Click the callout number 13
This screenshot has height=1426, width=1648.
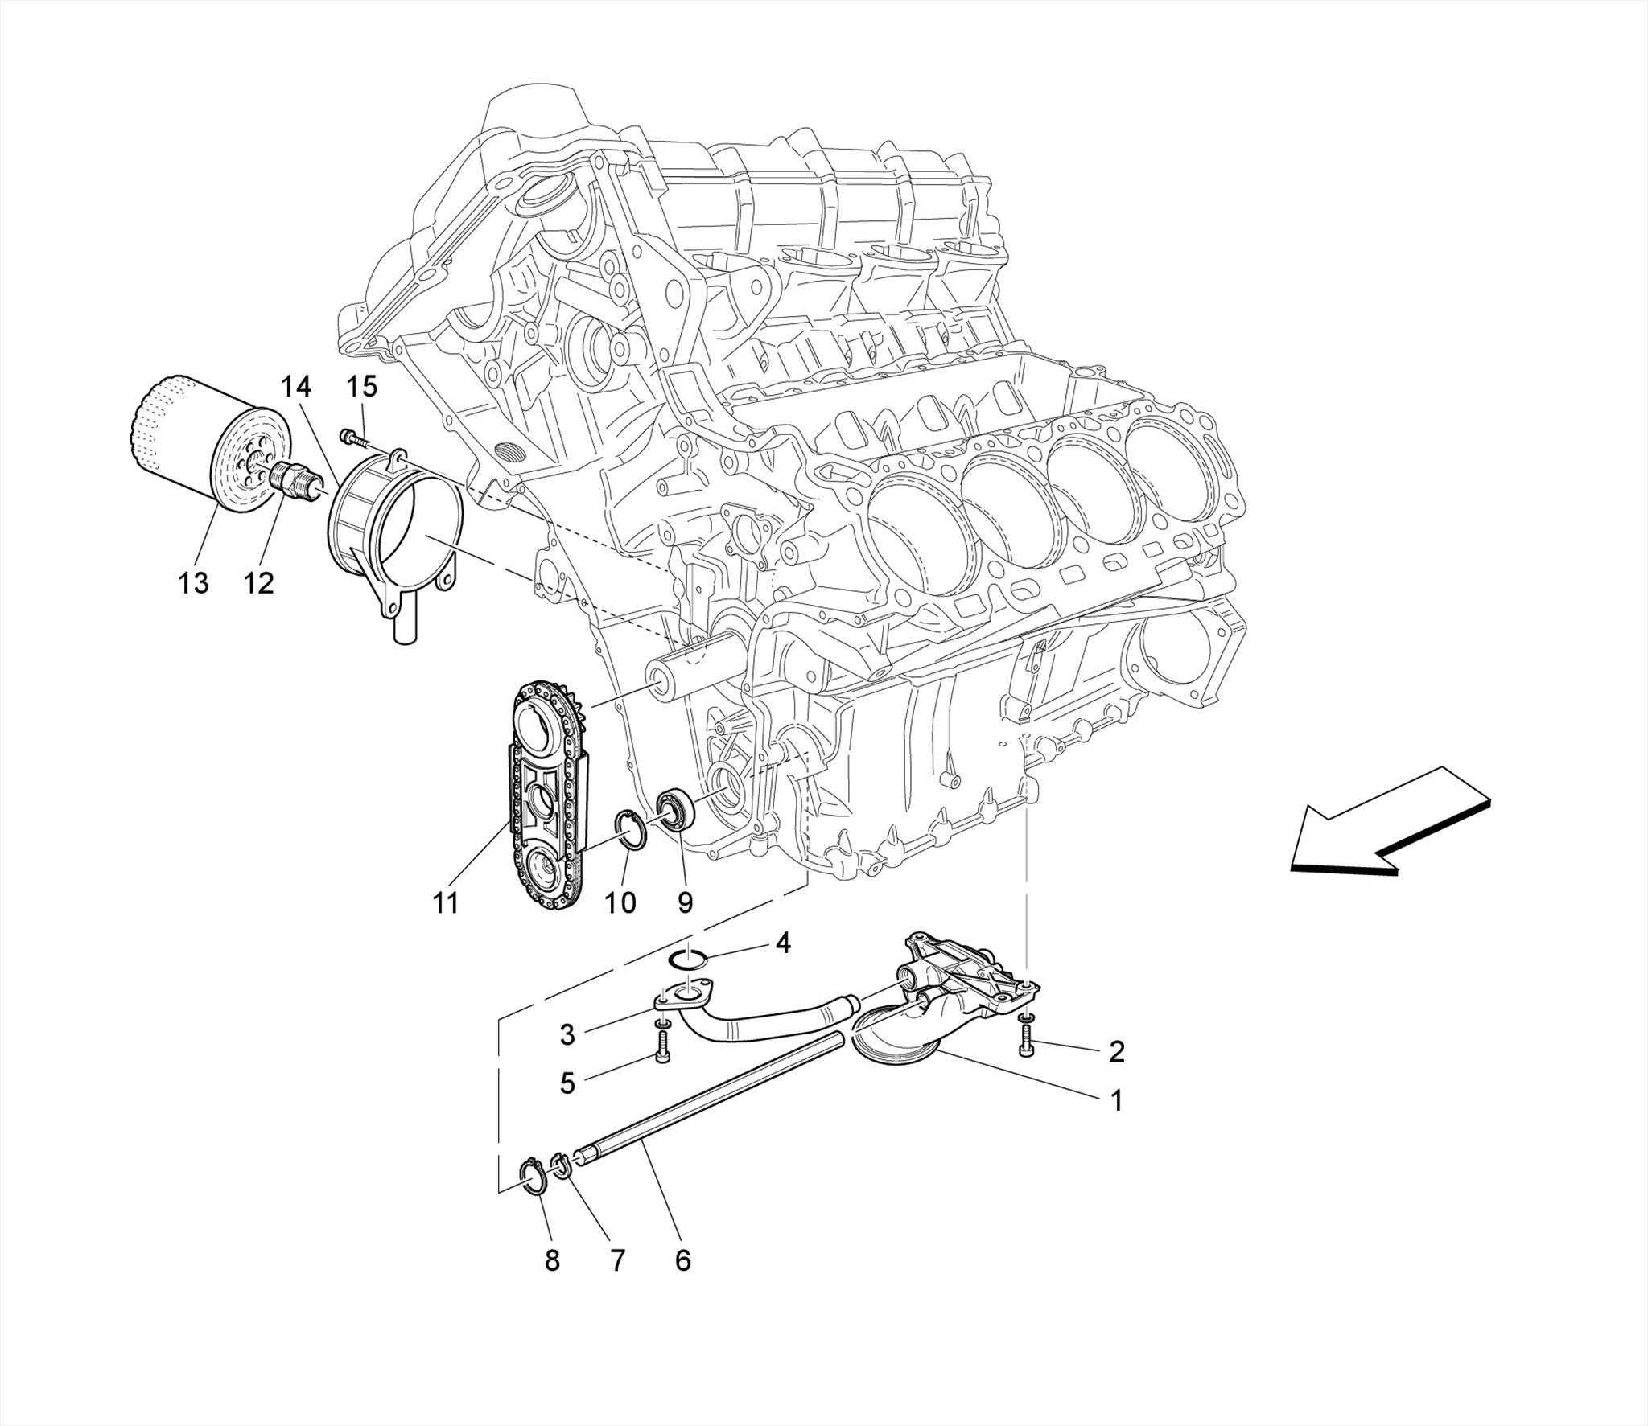(x=193, y=582)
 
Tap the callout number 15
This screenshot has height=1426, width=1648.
(x=361, y=387)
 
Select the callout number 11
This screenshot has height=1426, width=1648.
(x=446, y=903)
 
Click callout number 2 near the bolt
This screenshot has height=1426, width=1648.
(x=1116, y=1051)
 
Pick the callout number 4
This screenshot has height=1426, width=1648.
(x=782, y=943)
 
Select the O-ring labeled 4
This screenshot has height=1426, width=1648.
(x=689, y=959)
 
